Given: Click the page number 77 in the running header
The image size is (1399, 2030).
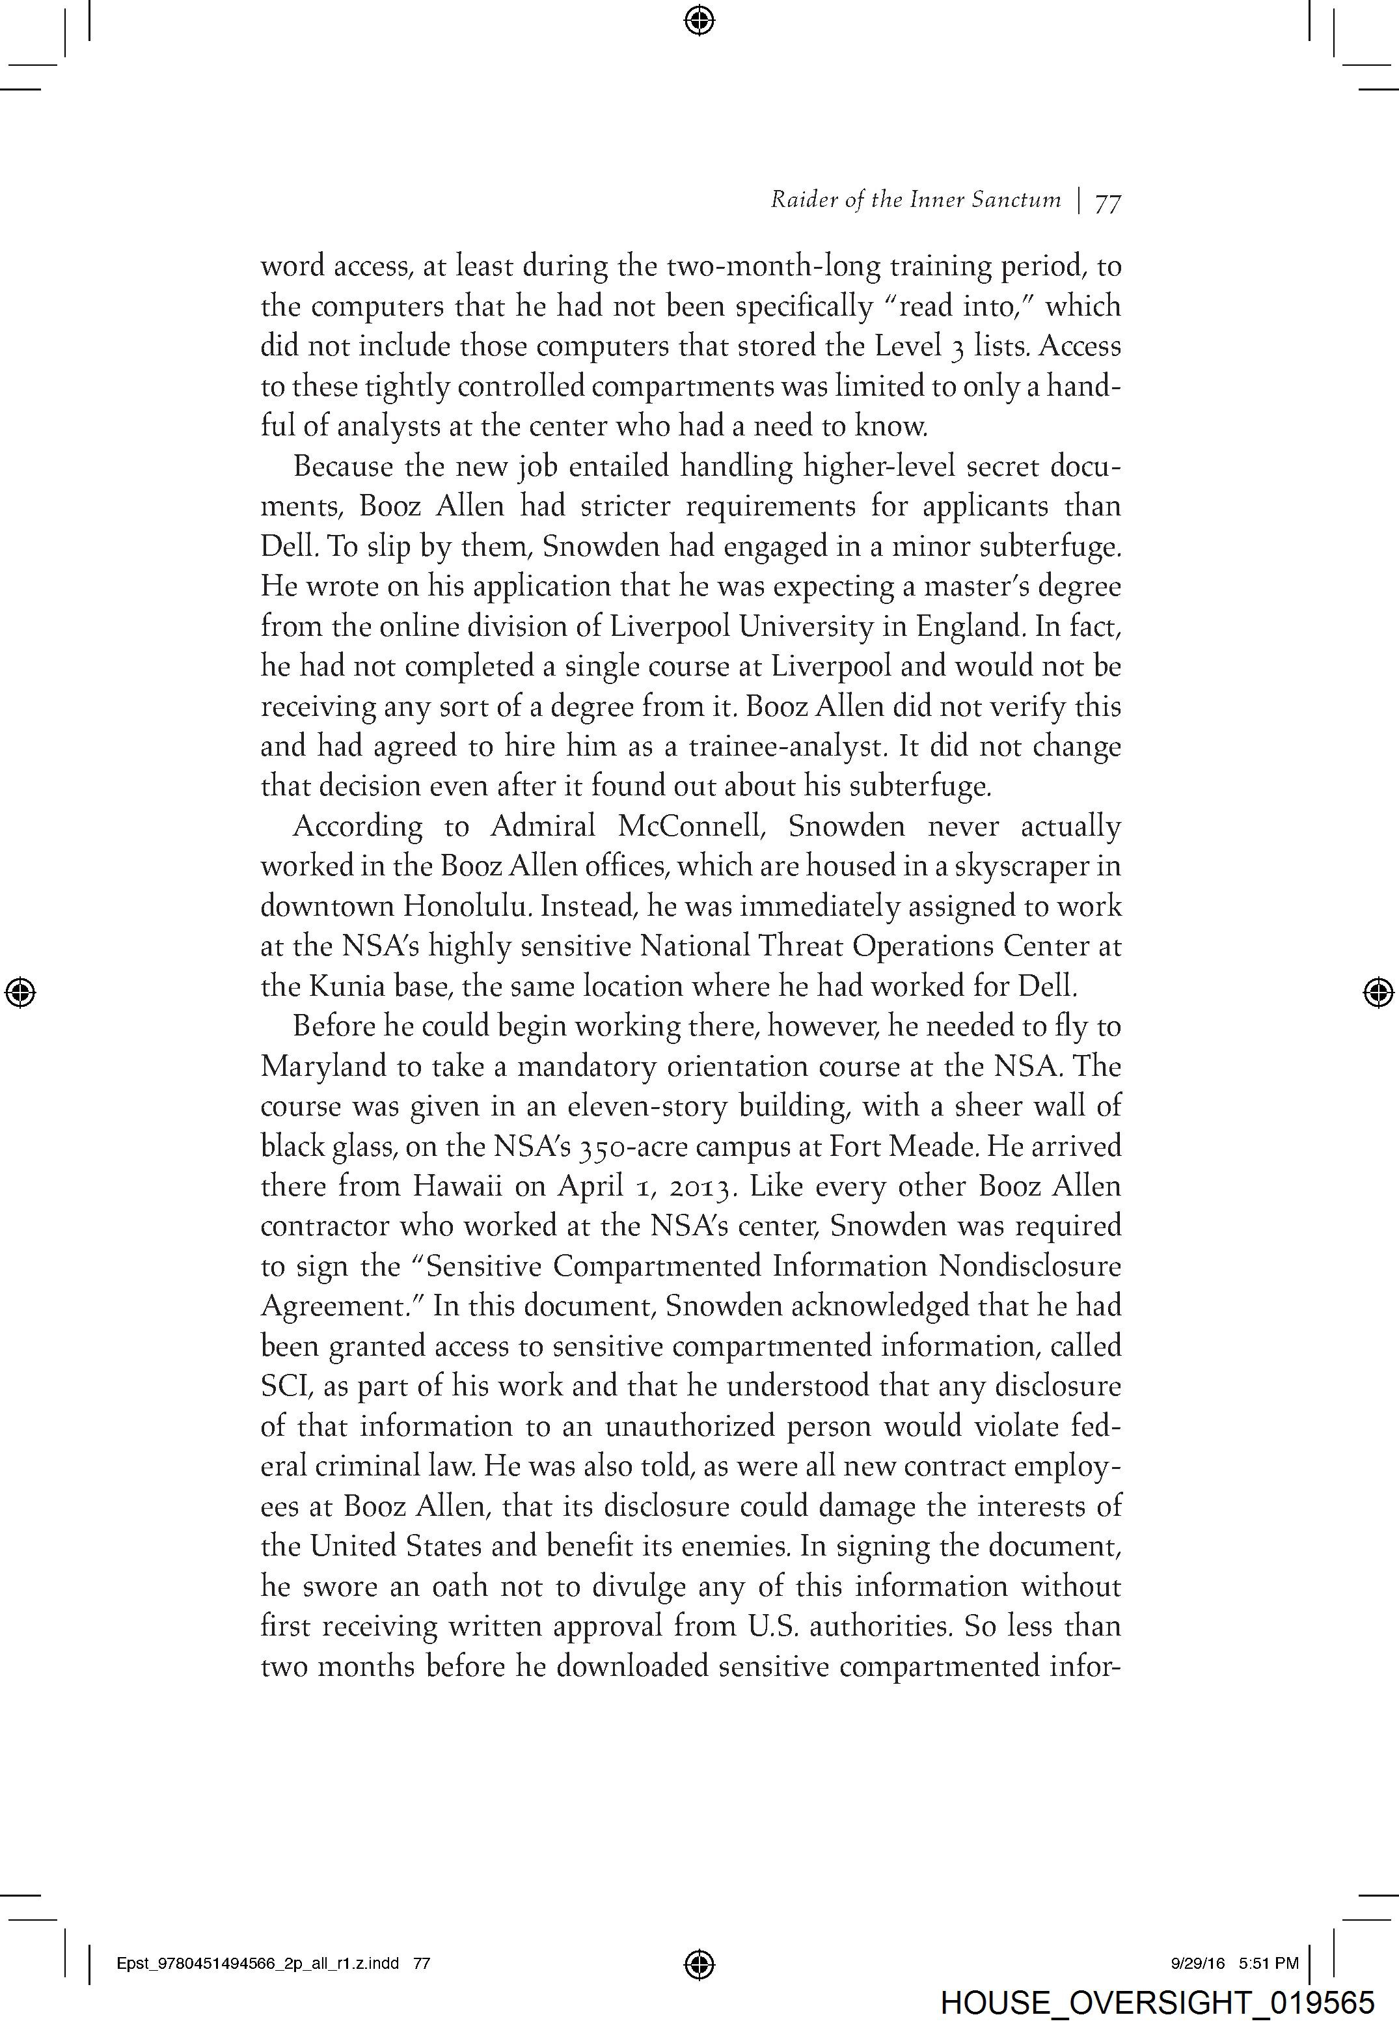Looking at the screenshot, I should pos(1108,202).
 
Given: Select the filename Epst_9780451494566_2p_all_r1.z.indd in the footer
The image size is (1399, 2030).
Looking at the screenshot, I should pos(258,1964).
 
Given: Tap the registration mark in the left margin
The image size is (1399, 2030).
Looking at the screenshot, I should pos(20,991).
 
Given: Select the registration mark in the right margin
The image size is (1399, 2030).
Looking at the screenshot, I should pos(1379,991).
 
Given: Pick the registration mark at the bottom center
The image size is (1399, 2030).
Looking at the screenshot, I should pos(699,1964).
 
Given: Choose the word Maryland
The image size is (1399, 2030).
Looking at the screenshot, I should pos(323,1067).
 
